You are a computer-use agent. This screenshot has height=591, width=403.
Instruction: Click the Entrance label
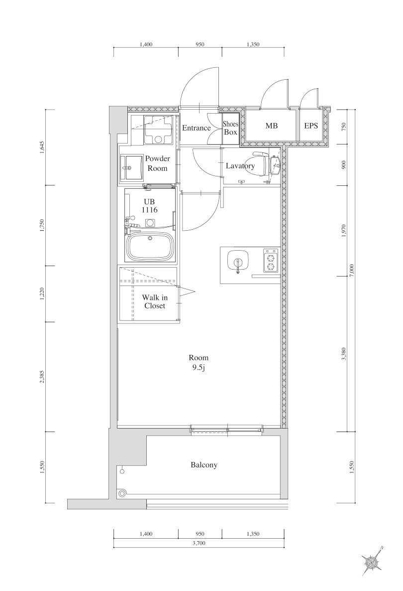(x=197, y=128)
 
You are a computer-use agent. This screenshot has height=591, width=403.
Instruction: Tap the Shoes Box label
(x=230, y=128)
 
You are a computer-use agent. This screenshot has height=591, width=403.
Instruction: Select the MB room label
(x=271, y=126)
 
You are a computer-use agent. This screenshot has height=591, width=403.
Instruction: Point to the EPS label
(x=311, y=126)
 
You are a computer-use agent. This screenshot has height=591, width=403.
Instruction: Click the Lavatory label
(x=240, y=166)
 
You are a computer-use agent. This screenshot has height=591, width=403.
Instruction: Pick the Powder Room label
(x=157, y=163)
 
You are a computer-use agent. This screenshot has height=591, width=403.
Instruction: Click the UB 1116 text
(x=149, y=206)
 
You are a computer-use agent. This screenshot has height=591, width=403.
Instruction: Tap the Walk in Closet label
(x=155, y=302)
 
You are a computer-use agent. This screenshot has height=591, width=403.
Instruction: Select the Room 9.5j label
(x=199, y=363)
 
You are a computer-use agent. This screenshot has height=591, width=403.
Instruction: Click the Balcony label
(x=204, y=465)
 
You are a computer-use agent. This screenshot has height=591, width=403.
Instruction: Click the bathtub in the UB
(x=151, y=247)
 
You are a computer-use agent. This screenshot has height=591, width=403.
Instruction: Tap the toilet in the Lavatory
(x=266, y=165)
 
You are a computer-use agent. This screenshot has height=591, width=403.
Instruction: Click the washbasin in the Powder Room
(x=133, y=168)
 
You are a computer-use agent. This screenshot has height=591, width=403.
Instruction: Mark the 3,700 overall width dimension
(x=199, y=543)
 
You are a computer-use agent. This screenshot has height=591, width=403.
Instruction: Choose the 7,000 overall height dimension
(x=352, y=271)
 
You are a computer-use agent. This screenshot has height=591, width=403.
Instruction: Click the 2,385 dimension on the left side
(x=42, y=377)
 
